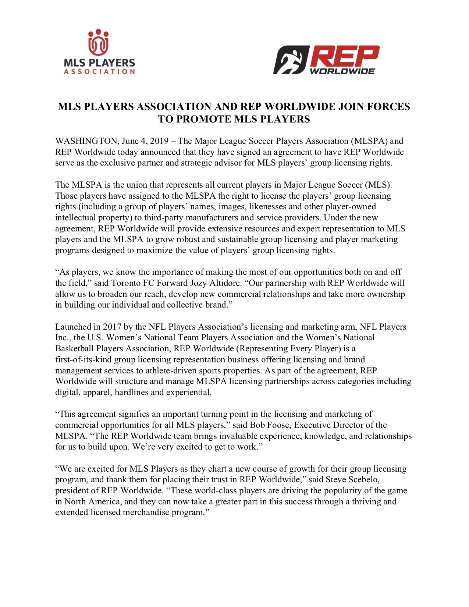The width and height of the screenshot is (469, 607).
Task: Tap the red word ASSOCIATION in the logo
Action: coord(99,72)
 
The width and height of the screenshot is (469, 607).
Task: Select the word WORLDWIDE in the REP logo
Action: coord(342,71)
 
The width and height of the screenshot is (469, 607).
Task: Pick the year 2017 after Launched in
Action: coord(112,327)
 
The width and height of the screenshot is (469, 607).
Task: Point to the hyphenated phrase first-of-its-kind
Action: coord(84,360)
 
